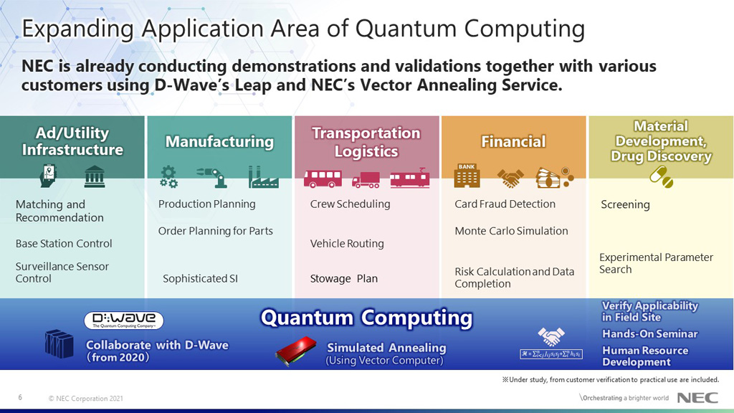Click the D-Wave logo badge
[x=123, y=321]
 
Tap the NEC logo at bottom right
[x=693, y=398]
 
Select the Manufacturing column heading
[x=219, y=142]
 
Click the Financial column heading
[x=513, y=142]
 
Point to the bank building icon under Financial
[x=467, y=176]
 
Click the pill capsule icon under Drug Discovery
[x=661, y=176]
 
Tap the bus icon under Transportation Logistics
[x=322, y=178]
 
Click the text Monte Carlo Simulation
[x=511, y=231]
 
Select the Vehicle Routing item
[x=347, y=244]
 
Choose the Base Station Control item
[x=64, y=244]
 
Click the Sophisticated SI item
[x=200, y=279]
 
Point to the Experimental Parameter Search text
[x=656, y=263]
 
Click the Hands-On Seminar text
[x=649, y=333]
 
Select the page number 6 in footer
[x=20, y=397]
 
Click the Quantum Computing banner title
[x=366, y=318]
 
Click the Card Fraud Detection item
[x=505, y=204]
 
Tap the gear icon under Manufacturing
[x=168, y=176]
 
